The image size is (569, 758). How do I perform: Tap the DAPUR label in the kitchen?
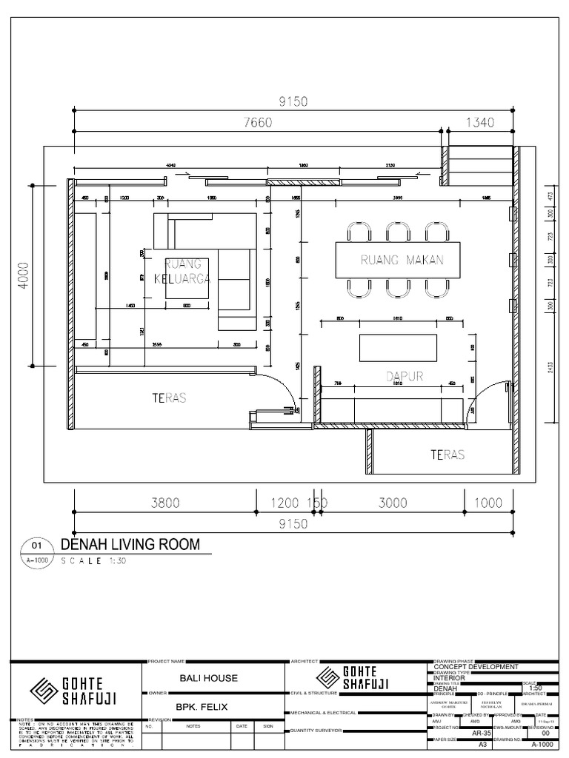click(405, 376)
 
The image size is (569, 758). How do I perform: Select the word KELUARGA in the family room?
click(182, 279)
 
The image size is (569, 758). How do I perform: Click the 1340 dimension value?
click(479, 122)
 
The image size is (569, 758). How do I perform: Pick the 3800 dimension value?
click(164, 502)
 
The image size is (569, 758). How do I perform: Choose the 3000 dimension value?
click(393, 502)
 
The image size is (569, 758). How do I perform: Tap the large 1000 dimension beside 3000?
click(488, 502)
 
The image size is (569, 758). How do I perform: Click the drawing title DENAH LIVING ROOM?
click(130, 545)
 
